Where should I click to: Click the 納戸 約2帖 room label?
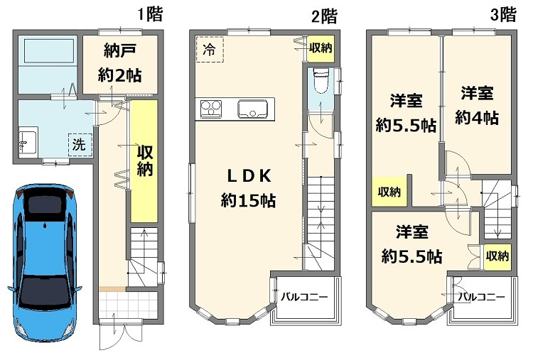(119, 62)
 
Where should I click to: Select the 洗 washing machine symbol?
(79, 143)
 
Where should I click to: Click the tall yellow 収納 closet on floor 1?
(144, 161)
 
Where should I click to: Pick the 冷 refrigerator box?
(210, 50)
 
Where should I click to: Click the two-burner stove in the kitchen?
(211, 109)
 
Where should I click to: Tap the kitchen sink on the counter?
(252, 110)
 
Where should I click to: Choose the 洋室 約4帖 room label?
(478, 104)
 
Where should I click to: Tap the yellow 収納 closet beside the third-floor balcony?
(497, 256)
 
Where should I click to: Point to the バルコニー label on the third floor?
(481, 296)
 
